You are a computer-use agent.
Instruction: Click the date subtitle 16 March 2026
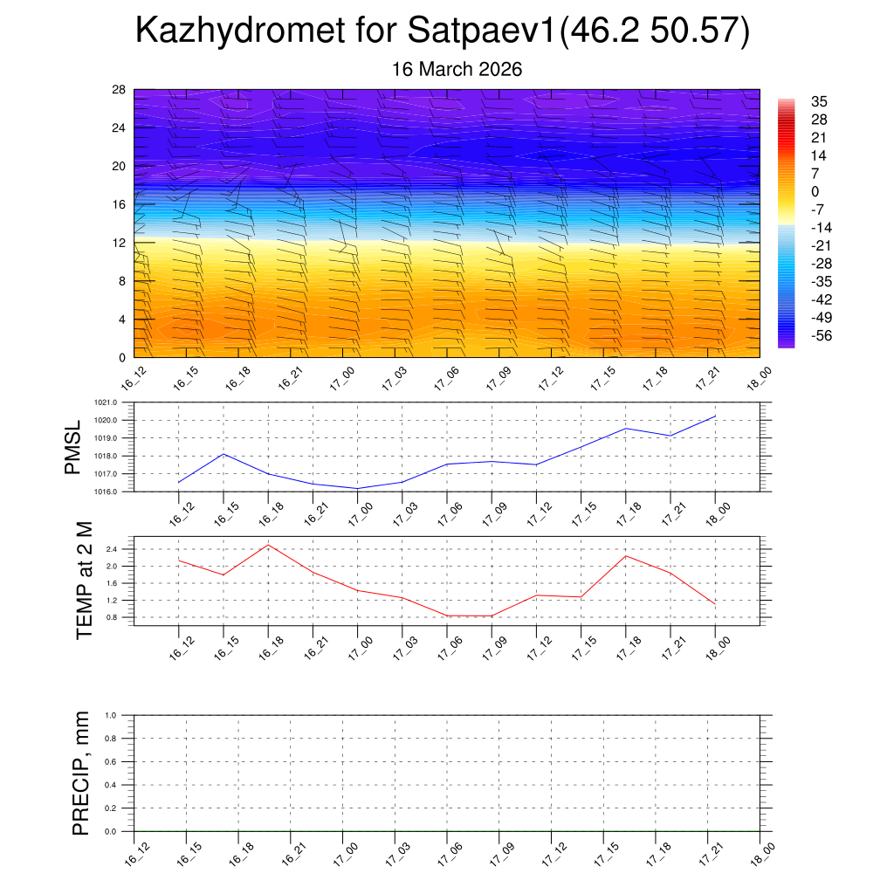click(457, 69)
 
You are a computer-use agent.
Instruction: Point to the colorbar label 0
click(815, 191)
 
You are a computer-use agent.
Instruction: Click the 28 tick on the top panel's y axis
click(119, 90)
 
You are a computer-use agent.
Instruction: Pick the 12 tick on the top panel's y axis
click(119, 243)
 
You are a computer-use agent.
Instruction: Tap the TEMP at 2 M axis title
click(84, 577)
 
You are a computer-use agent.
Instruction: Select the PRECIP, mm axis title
click(80, 772)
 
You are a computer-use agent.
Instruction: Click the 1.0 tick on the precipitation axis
click(122, 715)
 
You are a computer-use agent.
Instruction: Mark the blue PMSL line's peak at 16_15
click(223, 454)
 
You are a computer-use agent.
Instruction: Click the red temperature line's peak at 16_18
click(268, 545)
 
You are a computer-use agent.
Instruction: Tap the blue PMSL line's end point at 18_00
click(715, 416)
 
